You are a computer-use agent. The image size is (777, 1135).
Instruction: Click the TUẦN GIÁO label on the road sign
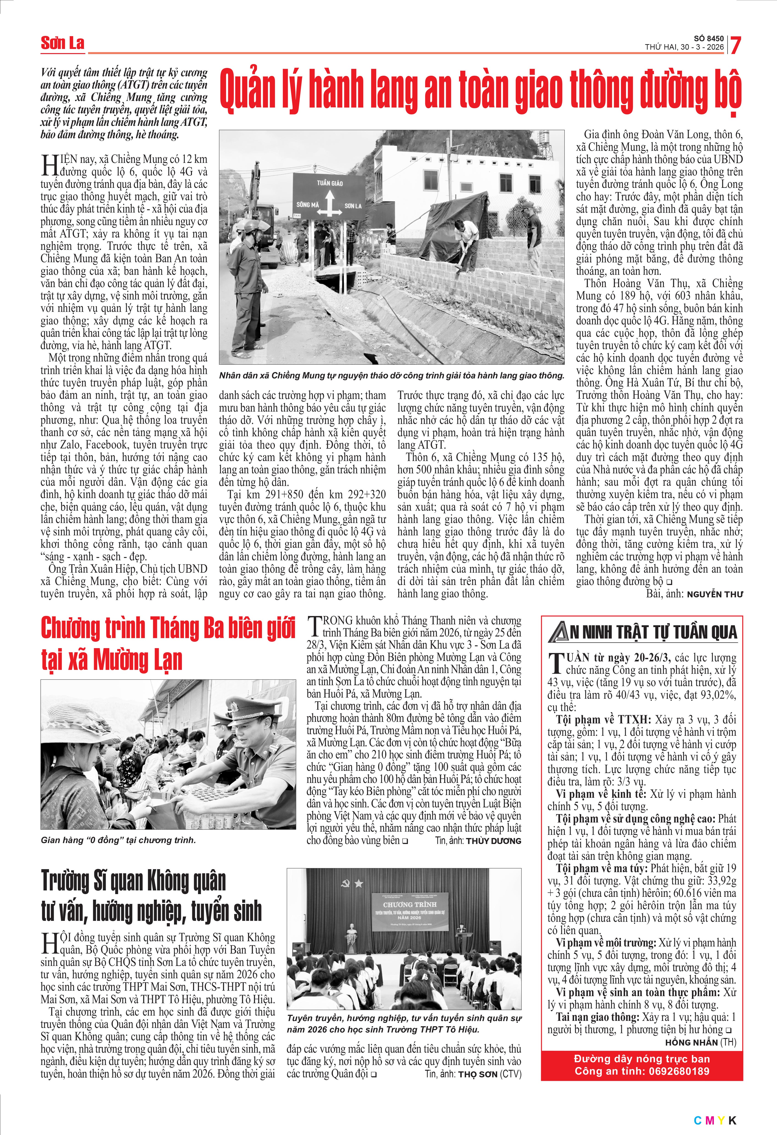[x=330, y=183]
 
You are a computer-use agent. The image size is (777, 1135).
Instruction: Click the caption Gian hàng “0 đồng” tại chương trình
[x=118, y=840]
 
